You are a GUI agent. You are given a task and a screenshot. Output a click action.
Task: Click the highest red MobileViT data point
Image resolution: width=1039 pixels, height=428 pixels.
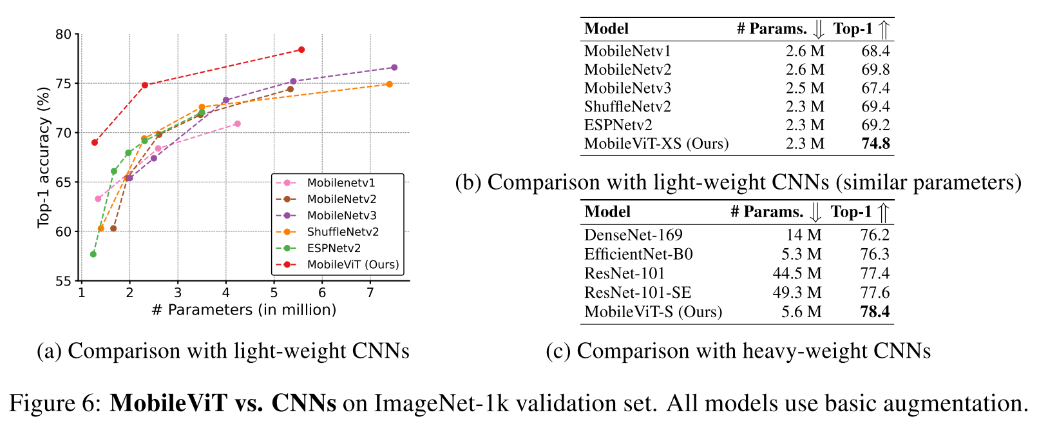(301, 50)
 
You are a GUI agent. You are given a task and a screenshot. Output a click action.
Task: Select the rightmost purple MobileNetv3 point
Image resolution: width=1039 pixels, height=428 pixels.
(394, 68)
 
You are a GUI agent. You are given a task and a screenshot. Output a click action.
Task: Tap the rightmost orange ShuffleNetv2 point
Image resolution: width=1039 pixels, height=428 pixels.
(389, 84)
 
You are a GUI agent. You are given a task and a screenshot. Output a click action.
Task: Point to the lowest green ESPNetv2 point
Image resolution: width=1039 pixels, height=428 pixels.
(93, 254)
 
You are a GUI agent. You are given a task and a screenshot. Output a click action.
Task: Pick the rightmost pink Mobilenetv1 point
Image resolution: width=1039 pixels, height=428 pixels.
(238, 124)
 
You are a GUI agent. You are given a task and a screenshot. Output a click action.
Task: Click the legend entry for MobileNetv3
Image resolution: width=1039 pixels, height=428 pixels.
(341, 215)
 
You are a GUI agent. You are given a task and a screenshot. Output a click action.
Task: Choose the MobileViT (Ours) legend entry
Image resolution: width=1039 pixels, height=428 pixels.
(352, 264)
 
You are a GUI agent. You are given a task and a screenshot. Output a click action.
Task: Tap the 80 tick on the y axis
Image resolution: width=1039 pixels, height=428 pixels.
(63, 34)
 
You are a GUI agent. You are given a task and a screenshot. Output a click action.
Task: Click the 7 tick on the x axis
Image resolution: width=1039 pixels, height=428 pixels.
(370, 293)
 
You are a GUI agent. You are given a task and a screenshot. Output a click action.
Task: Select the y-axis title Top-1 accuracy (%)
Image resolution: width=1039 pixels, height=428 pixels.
(44, 157)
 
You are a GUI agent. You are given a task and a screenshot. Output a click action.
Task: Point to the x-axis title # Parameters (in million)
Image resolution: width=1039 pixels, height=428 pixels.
(244, 310)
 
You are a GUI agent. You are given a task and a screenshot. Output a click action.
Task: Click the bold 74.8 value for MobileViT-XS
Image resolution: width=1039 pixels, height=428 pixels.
(875, 143)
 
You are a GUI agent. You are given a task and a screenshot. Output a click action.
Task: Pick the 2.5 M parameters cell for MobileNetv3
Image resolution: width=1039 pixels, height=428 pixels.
(805, 88)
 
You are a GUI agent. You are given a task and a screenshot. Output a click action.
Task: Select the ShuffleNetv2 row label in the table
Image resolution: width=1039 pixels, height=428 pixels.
(627, 106)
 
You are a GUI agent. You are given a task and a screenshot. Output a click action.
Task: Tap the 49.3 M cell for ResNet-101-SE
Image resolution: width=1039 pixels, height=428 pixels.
(797, 293)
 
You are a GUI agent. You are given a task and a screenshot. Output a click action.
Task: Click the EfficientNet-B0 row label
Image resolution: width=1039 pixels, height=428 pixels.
(638, 254)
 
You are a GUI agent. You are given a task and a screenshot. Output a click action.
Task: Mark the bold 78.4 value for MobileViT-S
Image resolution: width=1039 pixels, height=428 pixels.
(875, 312)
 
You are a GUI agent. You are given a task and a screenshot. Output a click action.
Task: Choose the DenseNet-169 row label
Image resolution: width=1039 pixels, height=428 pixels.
(633, 235)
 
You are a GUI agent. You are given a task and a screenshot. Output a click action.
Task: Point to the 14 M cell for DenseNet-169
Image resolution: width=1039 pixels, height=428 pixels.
(803, 235)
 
